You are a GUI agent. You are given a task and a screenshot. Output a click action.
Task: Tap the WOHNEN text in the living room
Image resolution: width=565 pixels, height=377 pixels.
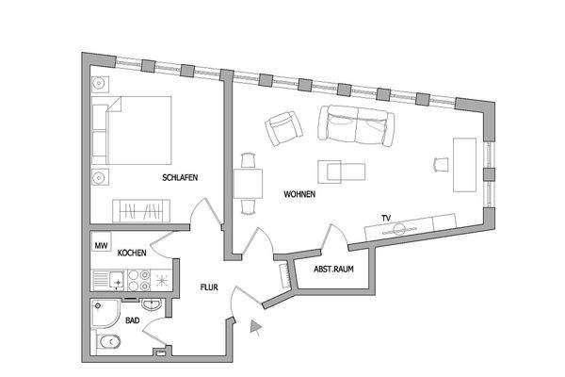(299, 194)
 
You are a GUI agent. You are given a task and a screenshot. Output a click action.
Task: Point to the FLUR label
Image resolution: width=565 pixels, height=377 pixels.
(209, 289)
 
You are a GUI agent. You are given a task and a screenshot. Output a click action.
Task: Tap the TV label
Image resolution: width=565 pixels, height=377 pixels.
(385, 218)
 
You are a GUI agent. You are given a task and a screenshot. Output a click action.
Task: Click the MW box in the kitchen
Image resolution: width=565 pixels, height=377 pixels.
(100, 246)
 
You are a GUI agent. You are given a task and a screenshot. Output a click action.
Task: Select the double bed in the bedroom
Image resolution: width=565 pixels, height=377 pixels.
(138, 129)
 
